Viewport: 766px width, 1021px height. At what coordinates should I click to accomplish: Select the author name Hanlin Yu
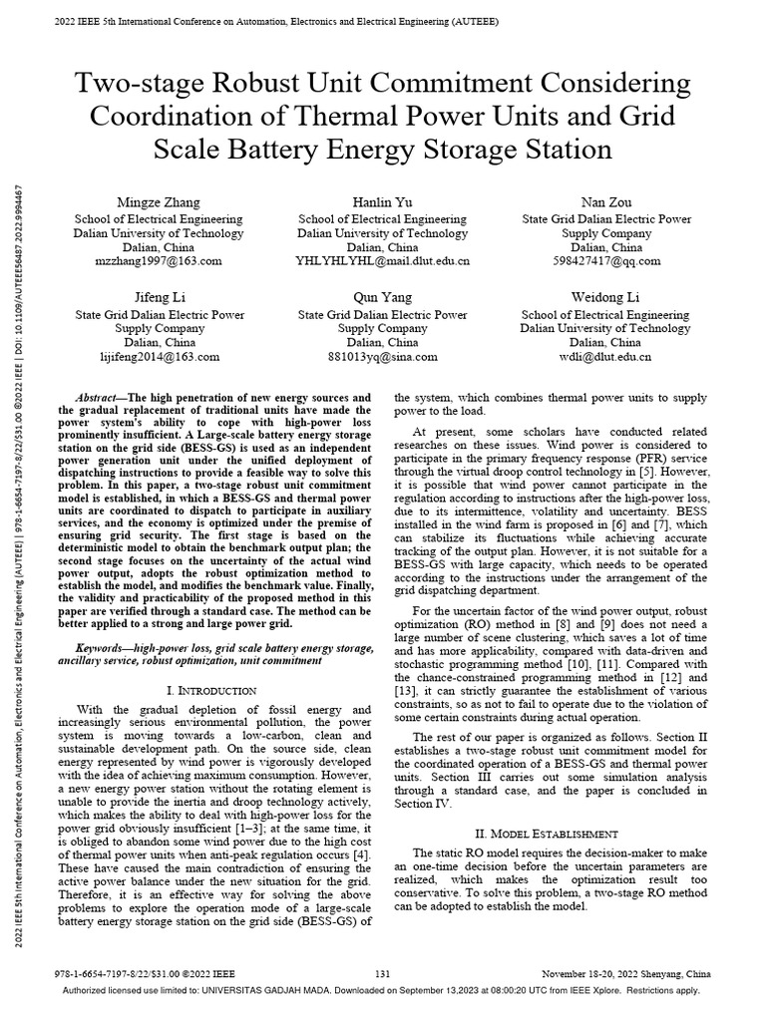point(384,202)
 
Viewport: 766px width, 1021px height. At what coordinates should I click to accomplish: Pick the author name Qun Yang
point(384,297)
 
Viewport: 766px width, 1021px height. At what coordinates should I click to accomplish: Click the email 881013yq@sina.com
point(384,355)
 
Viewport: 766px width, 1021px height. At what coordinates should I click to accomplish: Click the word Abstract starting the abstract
point(96,397)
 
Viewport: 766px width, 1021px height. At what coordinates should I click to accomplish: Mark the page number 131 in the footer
point(382,972)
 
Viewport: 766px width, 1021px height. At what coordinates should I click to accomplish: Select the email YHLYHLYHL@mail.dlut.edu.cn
point(384,260)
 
